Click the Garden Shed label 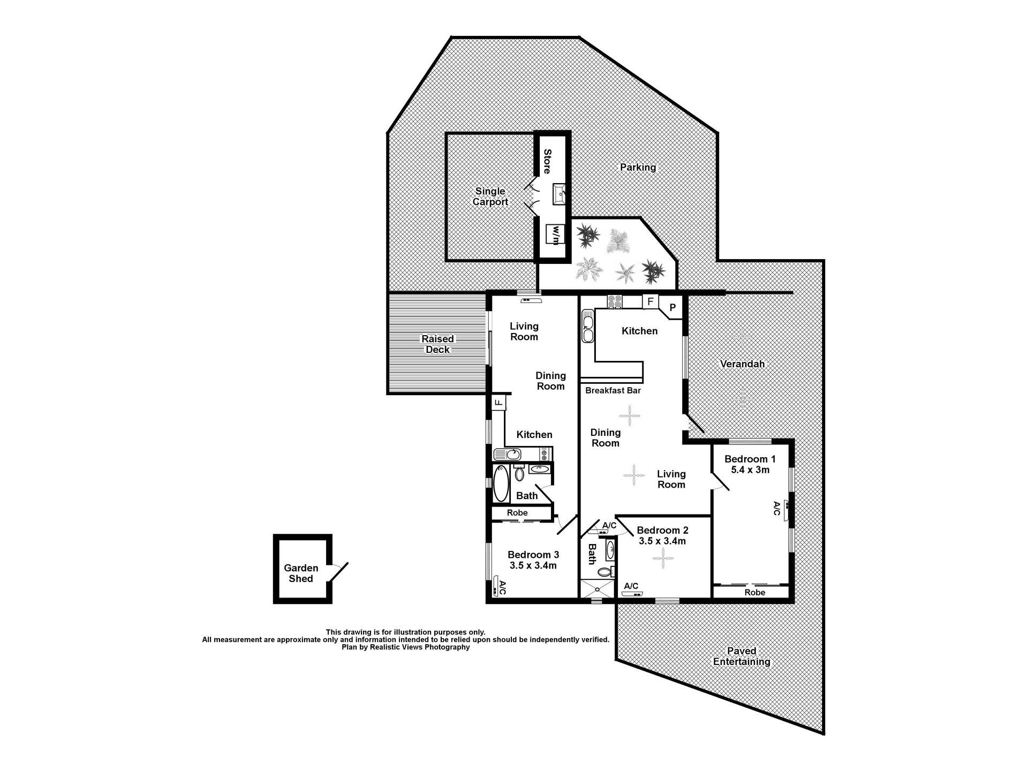[x=301, y=573]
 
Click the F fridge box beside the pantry [x=650, y=301]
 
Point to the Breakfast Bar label [x=613, y=390]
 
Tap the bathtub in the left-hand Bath [x=501, y=483]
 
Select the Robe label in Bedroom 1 [x=755, y=593]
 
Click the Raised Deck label [x=437, y=344]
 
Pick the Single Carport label [x=490, y=196]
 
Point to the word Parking [x=638, y=168]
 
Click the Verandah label [x=742, y=364]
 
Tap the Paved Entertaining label [x=742, y=656]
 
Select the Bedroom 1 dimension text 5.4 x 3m [x=750, y=470]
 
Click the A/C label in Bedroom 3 [x=502, y=588]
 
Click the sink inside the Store [x=558, y=194]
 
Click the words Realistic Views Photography [x=417, y=647]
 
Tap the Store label [x=547, y=162]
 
